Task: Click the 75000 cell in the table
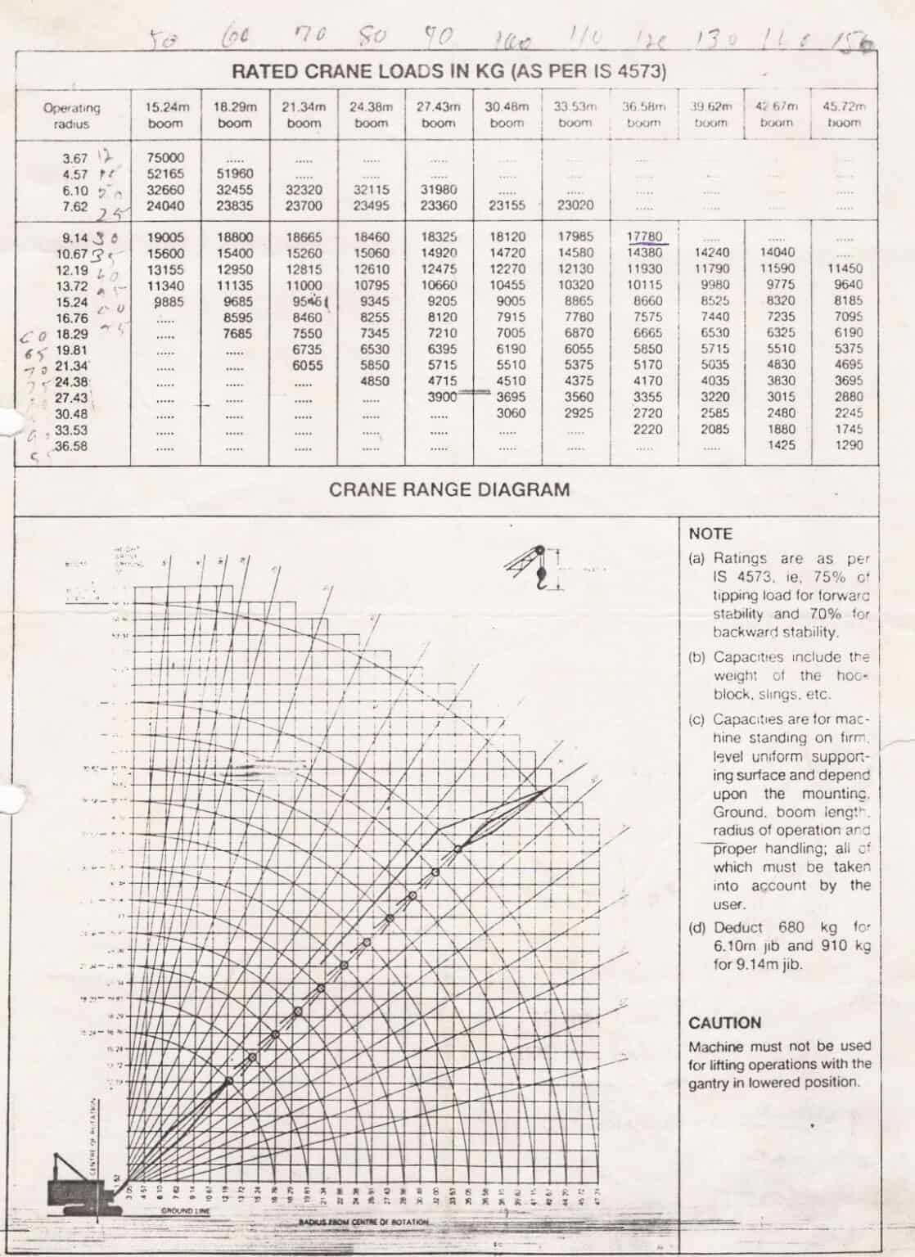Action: coord(165,157)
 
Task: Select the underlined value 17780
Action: coord(645,237)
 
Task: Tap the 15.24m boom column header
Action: coord(166,115)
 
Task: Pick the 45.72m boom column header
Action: coord(844,115)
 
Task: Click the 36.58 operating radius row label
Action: coord(72,446)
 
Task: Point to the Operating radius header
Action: coord(72,115)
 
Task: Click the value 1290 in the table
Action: coord(848,445)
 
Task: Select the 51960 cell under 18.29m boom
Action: coord(235,173)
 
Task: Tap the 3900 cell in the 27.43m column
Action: coord(442,397)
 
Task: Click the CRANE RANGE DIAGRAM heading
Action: coord(449,490)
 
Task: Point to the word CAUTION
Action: coord(724,1023)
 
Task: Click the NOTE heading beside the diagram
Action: coord(710,534)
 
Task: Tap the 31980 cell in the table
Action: coord(438,189)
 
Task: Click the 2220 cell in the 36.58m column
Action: coord(647,430)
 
